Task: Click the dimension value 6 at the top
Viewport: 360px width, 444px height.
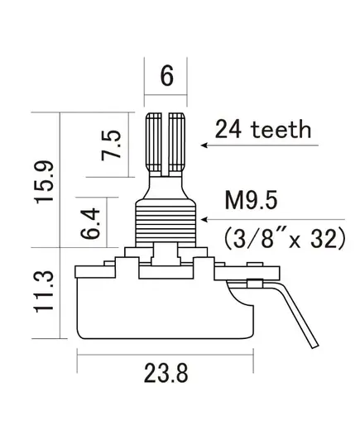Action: pos(166,76)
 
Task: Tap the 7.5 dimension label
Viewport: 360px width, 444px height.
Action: pos(111,145)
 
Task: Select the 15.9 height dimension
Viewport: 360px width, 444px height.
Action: pos(44,182)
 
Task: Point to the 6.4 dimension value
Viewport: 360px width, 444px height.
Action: pos(90,223)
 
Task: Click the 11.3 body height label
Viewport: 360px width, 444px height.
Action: pos(44,292)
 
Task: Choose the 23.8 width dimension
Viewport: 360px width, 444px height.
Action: pos(166,373)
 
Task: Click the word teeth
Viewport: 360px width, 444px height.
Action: pos(281,130)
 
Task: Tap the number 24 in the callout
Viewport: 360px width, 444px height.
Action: pos(228,129)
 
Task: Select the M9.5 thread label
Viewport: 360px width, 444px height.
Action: pos(251,200)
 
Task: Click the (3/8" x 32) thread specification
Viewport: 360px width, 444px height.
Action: pos(285,238)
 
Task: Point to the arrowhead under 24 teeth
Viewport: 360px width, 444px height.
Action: pos(204,146)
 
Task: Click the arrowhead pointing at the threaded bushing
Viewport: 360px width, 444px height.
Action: pos(204,219)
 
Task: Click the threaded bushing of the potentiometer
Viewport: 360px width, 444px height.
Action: pos(166,221)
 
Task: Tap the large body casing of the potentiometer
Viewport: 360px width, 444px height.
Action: pos(166,308)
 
